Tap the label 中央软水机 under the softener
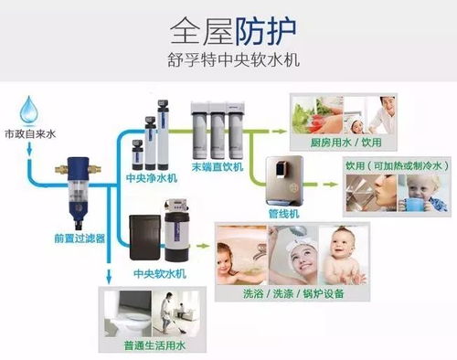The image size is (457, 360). [154, 272]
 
